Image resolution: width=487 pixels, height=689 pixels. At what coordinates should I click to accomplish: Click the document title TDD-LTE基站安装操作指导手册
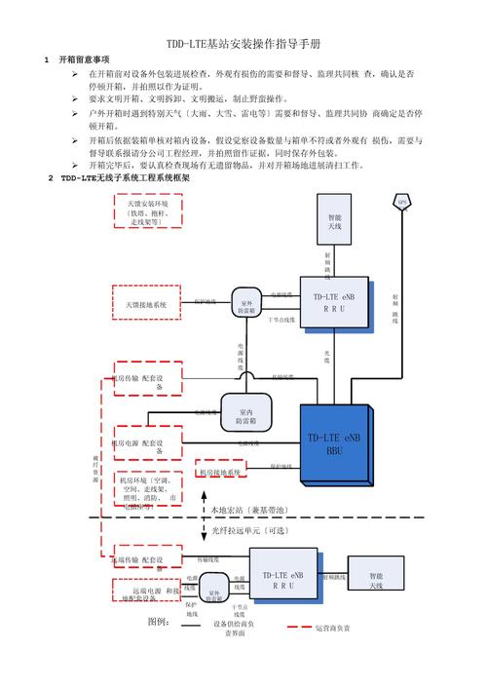[243, 45]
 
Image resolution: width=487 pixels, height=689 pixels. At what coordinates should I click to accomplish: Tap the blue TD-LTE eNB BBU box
[334, 443]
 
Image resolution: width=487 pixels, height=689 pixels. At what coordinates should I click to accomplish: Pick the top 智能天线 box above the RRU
[334, 224]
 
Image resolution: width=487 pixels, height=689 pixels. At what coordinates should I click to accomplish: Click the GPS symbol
[401, 204]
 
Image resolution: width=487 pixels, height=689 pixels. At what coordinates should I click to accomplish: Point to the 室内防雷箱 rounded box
[246, 413]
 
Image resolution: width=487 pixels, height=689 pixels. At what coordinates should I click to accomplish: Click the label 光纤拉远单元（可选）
[250, 530]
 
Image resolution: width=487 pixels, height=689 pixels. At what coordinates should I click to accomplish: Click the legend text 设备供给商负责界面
[234, 628]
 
